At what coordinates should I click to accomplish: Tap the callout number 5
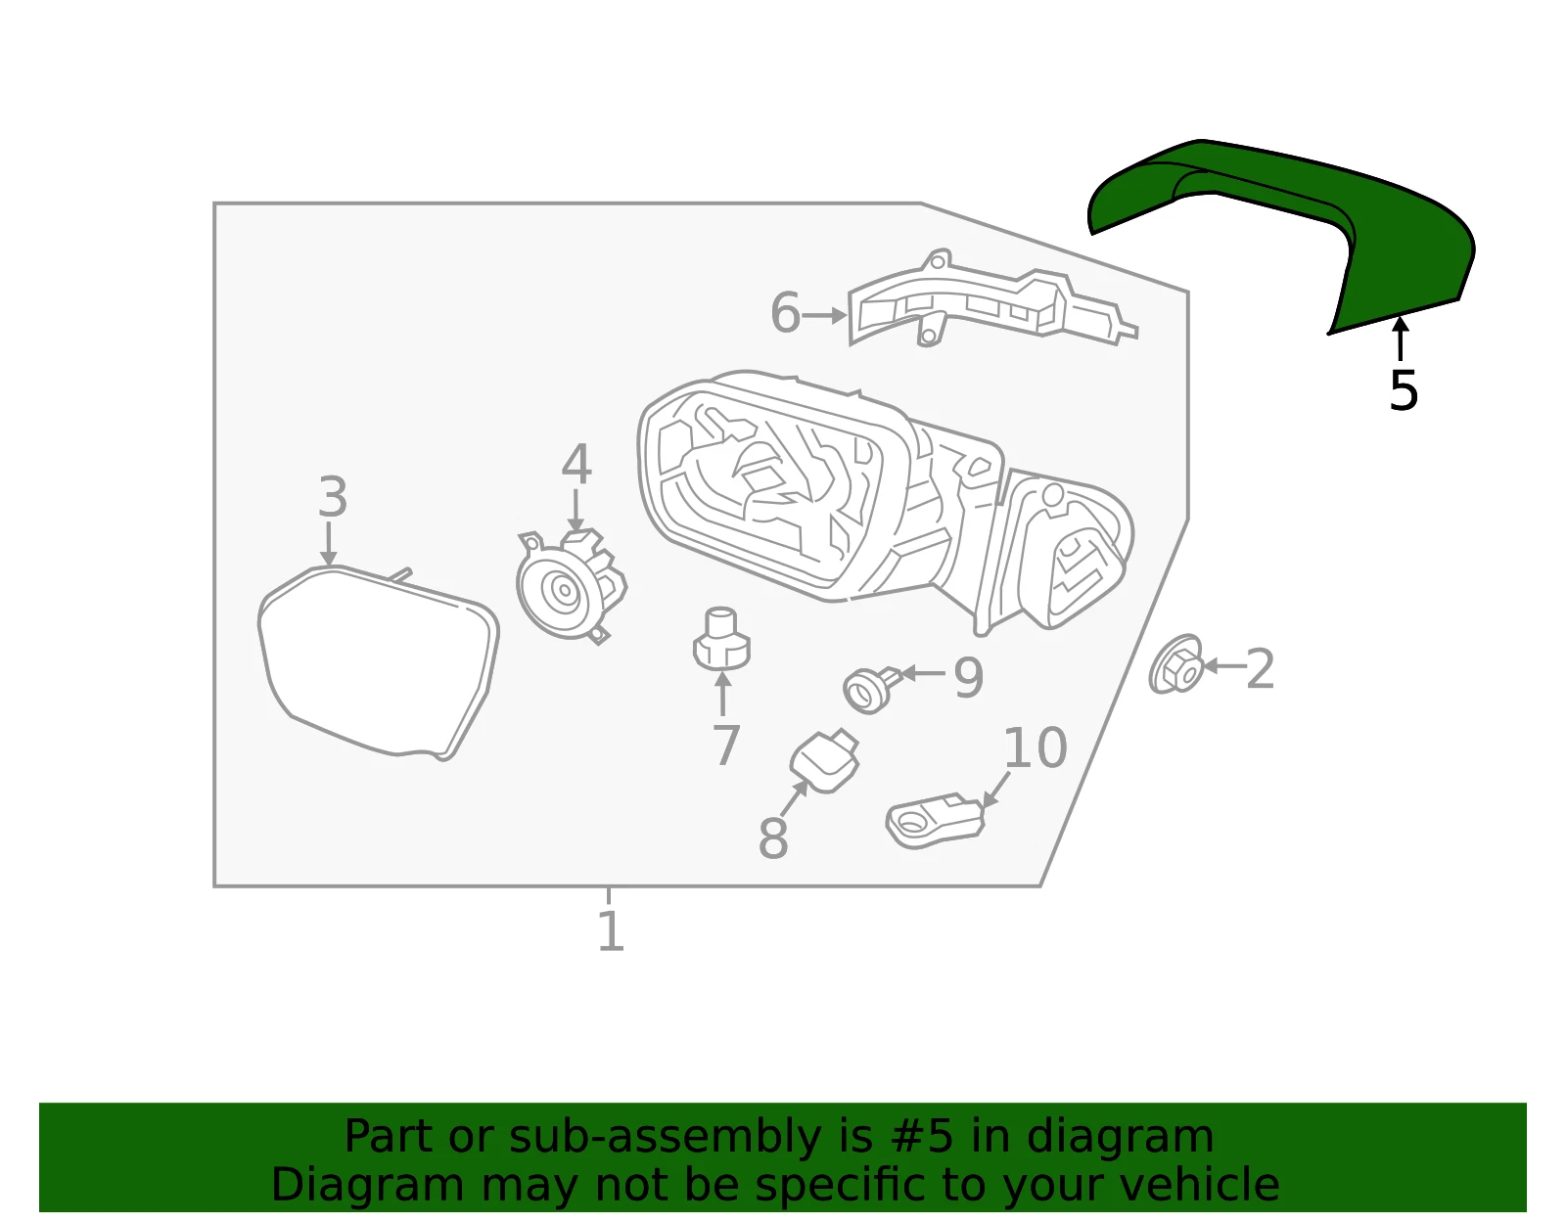(x=1403, y=391)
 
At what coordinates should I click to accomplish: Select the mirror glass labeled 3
(x=378, y=662)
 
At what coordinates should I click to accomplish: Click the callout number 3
(x=333, y=497)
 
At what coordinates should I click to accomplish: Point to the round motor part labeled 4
(x=570, y=587)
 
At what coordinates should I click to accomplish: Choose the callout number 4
(x=576, y=464)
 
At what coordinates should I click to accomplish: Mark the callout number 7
(x=725, y=745)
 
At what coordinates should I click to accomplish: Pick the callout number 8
(x=772, y=837)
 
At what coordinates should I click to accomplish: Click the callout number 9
(x=969, y=677)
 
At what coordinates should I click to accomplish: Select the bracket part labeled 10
(x=935, y=820)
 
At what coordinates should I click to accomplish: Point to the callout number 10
(x=1035, y=747)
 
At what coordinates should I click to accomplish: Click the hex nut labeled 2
(x=1175, y=664)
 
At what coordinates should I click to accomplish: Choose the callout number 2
(x=1260, y=669)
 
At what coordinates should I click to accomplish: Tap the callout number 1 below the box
(x=611, y=931)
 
